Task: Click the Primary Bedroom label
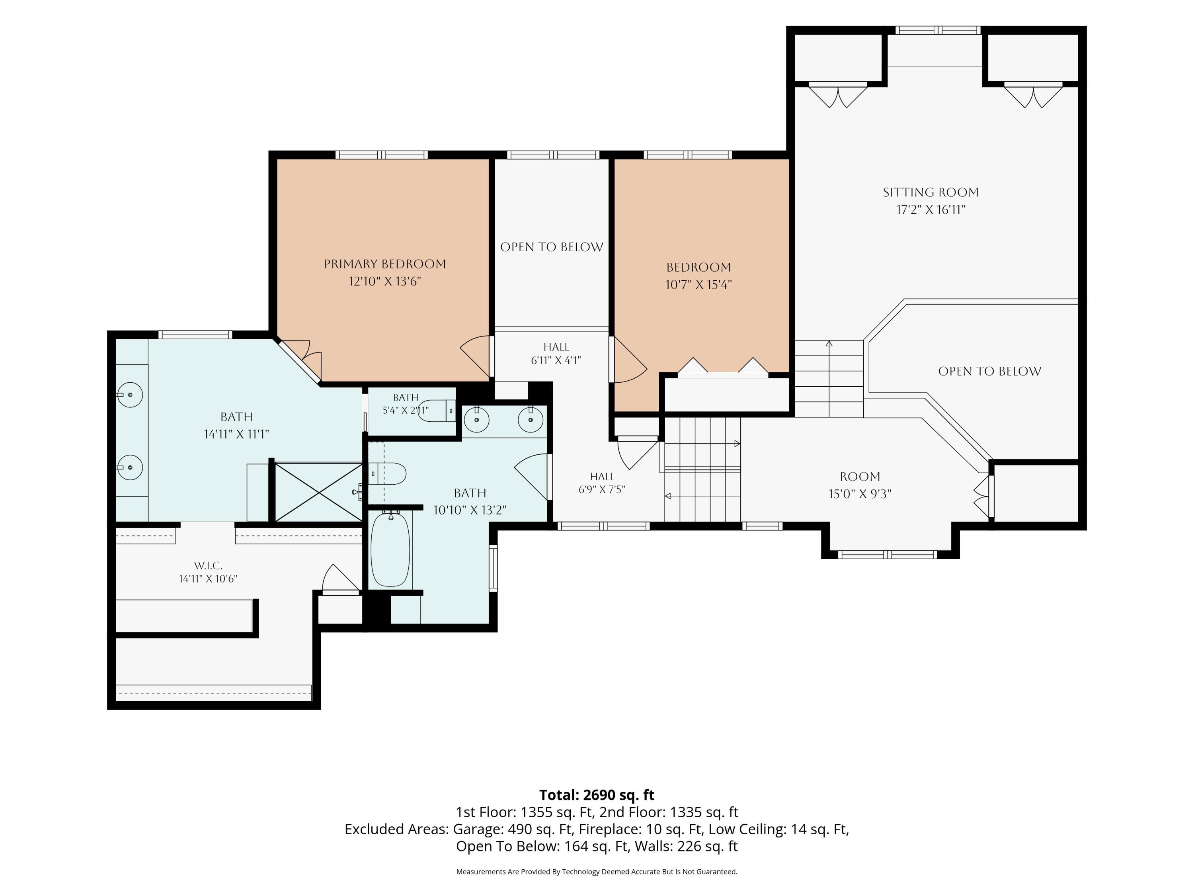click(x=385, y=264)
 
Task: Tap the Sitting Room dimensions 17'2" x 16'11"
click(x=931, y=209)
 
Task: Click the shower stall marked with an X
click(x=319, y=492)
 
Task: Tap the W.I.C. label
click(x=209, y=565)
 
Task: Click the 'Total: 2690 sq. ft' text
click(x=597, y=795)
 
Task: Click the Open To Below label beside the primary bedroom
click(x=552, y=247)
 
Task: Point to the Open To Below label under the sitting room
click(x=989, y=371)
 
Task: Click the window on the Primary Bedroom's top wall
click(x=382, y=155)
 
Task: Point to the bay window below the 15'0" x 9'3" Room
click(x=888, y=554)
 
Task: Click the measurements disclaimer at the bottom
click(x=597, y=871)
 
